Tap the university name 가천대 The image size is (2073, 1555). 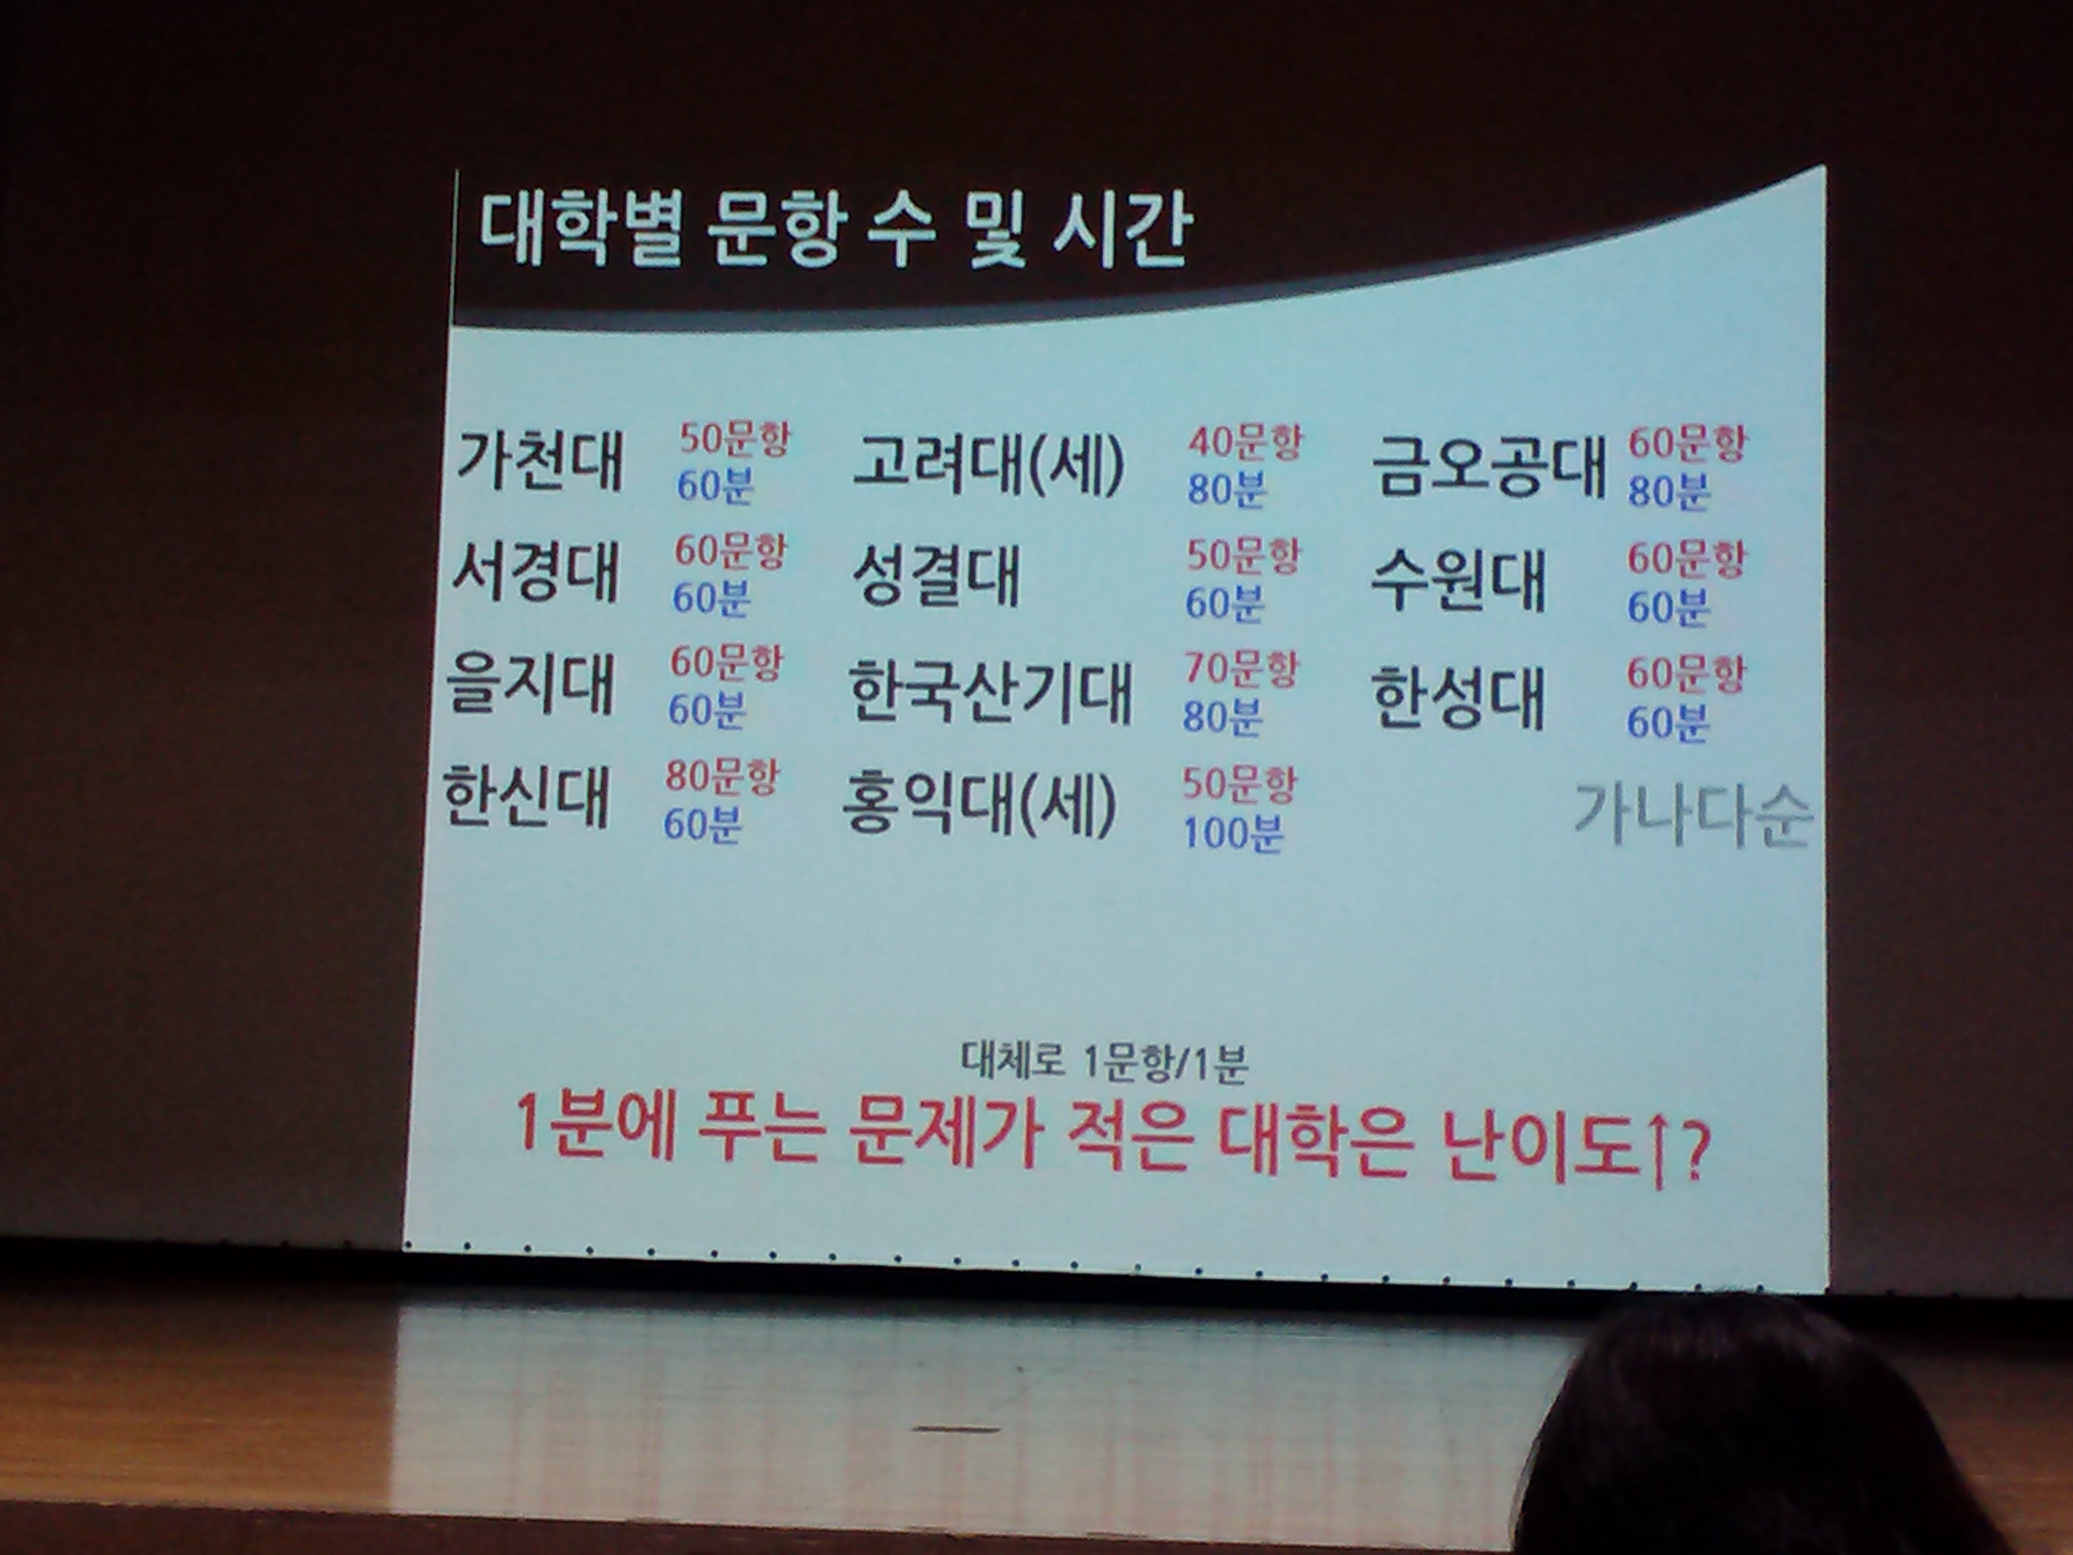(x=540, y=460)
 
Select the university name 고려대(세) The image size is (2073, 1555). (x=990, y=465)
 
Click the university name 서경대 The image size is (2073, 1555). (x=535, y=571)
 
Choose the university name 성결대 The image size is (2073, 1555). (x=935, y=577)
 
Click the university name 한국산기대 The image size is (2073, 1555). (x=990, y=692)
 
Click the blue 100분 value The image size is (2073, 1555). (x=1232, y=833)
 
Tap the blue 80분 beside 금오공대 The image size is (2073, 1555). (x=1669, y=490)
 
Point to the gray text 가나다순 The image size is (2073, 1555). (x=1692, y=815)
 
